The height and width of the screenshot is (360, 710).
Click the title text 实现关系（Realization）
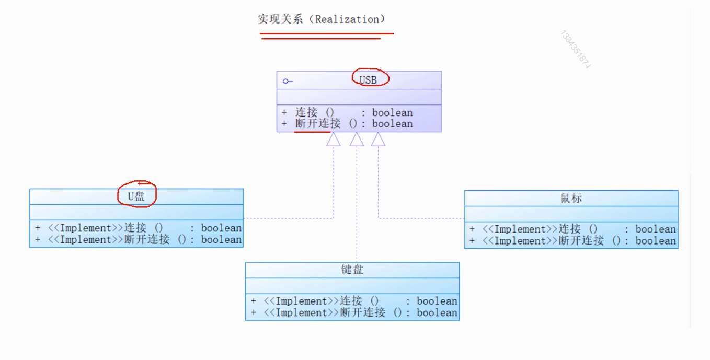[322, 20]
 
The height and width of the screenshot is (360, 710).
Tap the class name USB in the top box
[368, 80]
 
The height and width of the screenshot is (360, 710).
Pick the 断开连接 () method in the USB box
[326, 124]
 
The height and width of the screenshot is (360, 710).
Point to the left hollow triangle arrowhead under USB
[334, 140]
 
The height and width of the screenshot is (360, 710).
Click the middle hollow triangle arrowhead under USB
[357, 140]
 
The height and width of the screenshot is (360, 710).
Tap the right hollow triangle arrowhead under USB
[378, 140]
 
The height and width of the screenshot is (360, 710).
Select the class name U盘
[136, 196]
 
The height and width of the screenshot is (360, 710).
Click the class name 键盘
[352, 270]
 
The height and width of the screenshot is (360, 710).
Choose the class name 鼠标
[571, 199]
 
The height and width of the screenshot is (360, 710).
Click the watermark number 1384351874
[576, 50]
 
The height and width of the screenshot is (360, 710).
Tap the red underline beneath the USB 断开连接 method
[312, 132]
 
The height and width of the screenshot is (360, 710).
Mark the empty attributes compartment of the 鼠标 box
[571, 213]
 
